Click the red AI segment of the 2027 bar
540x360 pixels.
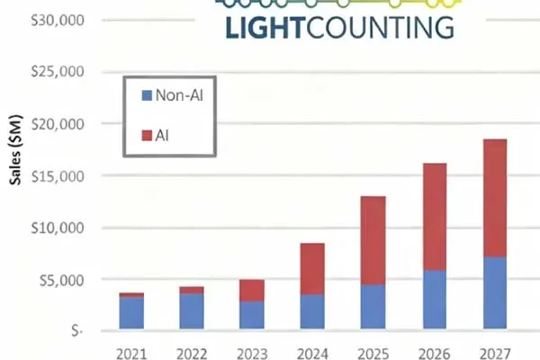(x=495, y=198)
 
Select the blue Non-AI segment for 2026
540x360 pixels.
(x=434, y=299)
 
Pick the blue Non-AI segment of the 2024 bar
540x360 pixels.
(x=312, y=310)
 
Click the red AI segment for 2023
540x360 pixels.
(x=252, y=290)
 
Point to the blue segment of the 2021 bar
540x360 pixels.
(x=131, y=312)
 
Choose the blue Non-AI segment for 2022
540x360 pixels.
(x=192, y=310)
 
